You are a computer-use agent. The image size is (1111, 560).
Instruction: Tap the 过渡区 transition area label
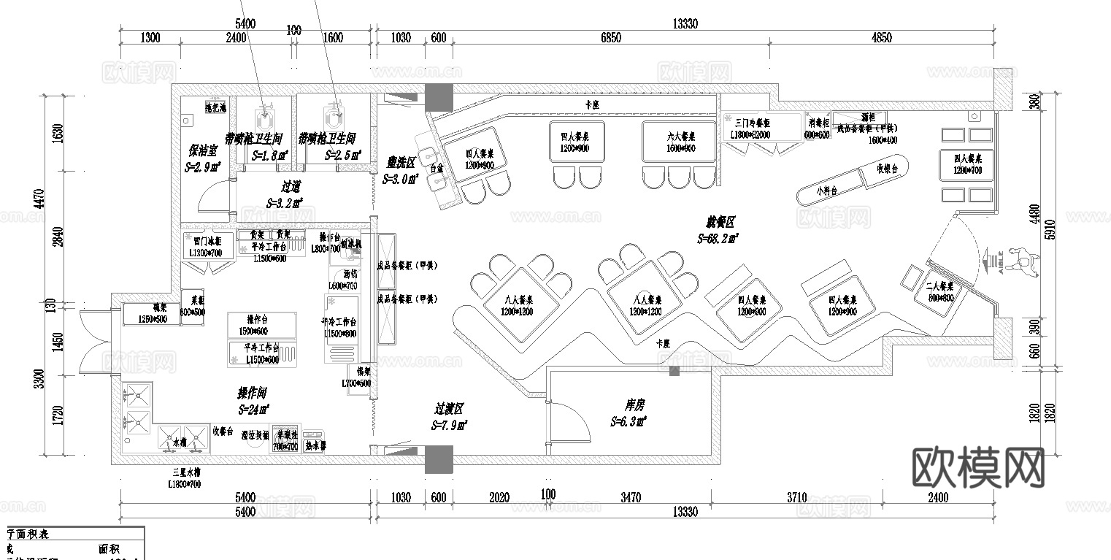[x=450, y=410]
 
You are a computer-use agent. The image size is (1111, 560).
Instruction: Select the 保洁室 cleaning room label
[x=204, y=151]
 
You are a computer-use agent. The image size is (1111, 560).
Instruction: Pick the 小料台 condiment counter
[x=827, y=191]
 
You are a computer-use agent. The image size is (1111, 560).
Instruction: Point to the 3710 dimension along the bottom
[x=796, y=498]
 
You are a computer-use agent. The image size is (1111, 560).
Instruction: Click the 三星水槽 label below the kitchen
[x=185, y=473]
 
